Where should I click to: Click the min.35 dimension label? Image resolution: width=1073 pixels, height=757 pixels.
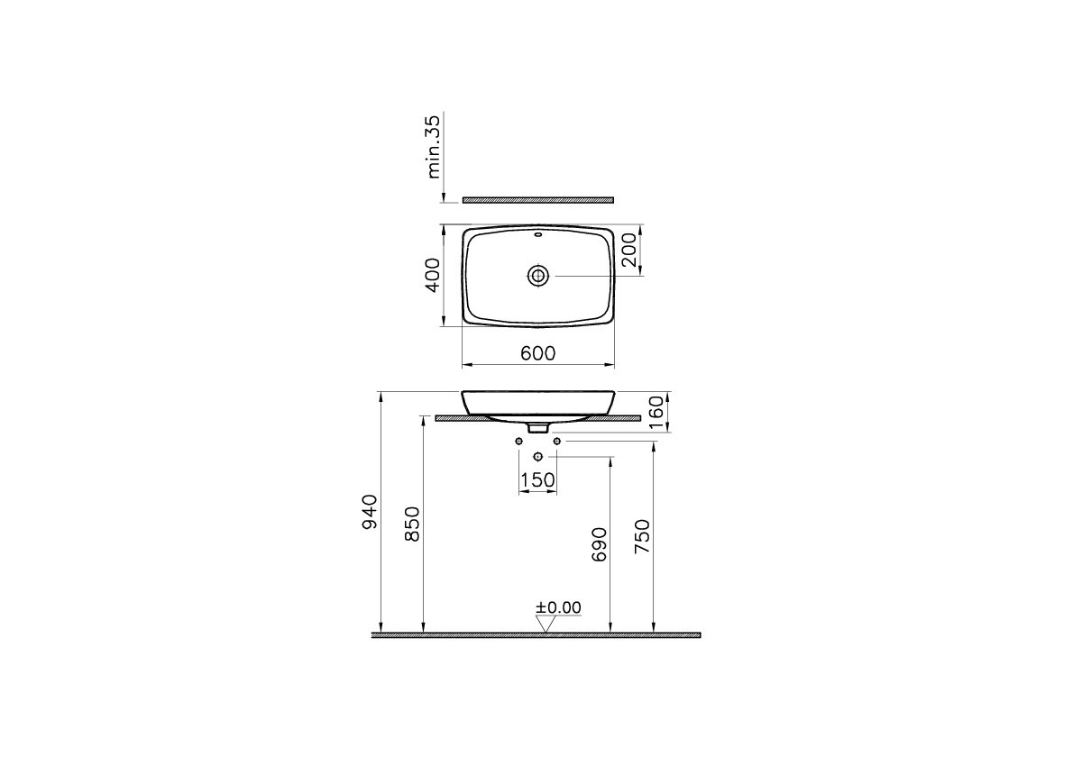433,146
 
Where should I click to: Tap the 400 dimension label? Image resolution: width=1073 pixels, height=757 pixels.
433,275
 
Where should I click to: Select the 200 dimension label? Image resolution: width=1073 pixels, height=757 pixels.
628,251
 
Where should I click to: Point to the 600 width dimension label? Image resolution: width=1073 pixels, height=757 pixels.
538,353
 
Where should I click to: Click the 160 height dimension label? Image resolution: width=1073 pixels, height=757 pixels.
656,412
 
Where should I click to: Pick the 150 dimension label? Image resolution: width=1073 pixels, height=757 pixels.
538,480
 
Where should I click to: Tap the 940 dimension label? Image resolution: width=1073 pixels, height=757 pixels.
370,512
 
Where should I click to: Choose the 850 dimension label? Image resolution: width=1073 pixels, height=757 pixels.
413,524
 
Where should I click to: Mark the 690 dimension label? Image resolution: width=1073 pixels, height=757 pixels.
600,544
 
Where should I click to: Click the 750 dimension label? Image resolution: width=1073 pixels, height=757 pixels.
643,537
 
